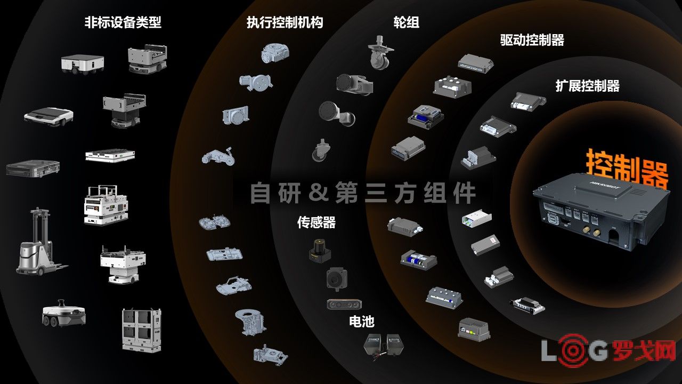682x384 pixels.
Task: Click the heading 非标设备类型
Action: coord(123,22)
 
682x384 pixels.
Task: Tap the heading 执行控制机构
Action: coord(285,22)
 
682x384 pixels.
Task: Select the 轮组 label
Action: coord(406,22)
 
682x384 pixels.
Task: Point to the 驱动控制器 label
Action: coord(532,40)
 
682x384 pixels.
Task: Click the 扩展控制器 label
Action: coord(587,86)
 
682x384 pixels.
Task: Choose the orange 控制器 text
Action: coord(627,167)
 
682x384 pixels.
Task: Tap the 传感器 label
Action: coord(316,222)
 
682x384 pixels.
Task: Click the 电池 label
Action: coord(361,321)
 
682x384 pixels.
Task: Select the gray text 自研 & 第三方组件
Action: coord(363,193)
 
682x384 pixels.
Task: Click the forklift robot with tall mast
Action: coord(39,242)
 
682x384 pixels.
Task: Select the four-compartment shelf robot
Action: coord(142,330)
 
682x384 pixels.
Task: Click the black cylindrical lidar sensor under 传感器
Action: coord(320,251)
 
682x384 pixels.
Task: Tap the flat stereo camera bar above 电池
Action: coord(344,304)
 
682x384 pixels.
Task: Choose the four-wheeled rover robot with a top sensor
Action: coord(63,313)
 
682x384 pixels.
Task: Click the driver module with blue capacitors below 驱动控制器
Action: coord(426,117)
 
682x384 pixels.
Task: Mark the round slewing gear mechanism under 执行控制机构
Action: coord(275,53)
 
